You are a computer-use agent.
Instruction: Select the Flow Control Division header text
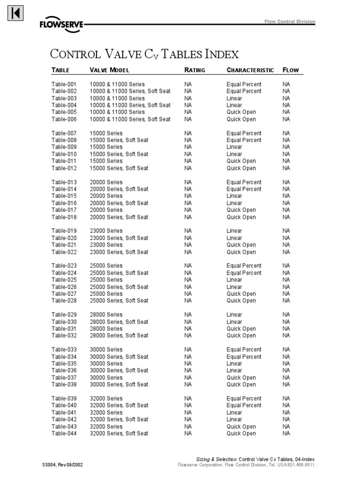click(x=290, y=22)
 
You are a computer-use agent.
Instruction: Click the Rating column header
click(x=195, y=70)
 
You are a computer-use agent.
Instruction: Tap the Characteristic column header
click(x=250, y=70)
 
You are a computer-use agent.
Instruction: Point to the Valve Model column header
click(x=110, y=70)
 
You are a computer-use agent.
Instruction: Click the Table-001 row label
click(x=64, y=84)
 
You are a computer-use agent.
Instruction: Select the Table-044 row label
click(x=64, y=434)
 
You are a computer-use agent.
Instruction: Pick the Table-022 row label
click(x=64, y=252)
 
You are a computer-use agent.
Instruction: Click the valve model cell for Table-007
click(x=106, y=133)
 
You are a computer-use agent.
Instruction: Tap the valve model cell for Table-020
click(x=119, y=238)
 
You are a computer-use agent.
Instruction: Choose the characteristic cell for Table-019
click(x=234, y=231)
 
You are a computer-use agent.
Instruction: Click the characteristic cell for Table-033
click(x=244, y=350)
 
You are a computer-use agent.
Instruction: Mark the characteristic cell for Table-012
click(x=241, y=168)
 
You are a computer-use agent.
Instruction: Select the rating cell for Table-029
click(x=188, y=315)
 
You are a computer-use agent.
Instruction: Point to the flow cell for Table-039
click(x=286, y=398)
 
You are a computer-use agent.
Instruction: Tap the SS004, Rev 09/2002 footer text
click(x=63, y=465)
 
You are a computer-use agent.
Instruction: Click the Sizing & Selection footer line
click(x=255, y=458)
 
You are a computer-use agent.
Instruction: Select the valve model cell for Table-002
click(x=130, y=91)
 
